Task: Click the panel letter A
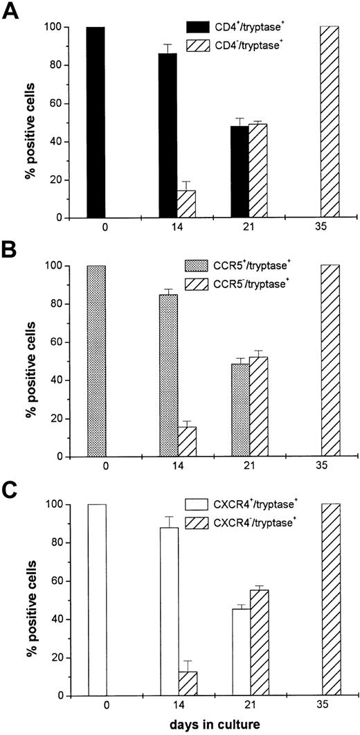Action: (x=11, y=12)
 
